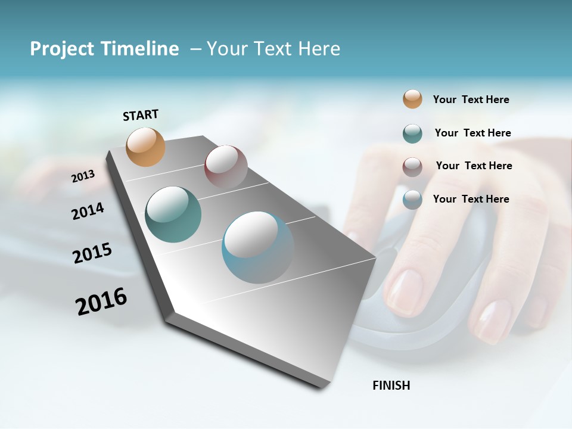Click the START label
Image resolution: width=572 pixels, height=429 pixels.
[141, 115]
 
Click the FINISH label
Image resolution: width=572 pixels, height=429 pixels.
[391, 386]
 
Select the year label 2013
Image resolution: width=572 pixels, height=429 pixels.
[83, 176]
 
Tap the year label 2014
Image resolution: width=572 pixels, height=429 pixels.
[88, 211]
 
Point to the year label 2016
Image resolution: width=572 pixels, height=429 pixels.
[101, 301]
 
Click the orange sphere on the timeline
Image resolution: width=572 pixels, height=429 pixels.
[146, 147]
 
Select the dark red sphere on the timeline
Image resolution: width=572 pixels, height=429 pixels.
[226, 166]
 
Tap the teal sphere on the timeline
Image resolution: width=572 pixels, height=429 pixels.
[173, 214]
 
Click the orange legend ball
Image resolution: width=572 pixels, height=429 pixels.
[412, 100]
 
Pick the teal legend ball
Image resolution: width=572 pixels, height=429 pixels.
[412, 133]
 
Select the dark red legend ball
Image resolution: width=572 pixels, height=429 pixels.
[412, 167]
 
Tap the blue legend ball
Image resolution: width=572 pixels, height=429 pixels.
[412, 200]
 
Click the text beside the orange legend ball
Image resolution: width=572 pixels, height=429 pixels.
[471, 100]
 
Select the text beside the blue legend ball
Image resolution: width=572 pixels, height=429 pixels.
[471, 199]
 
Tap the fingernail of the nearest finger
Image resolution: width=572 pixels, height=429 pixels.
[403, 292]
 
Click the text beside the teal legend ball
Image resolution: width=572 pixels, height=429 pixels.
[472, 133]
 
